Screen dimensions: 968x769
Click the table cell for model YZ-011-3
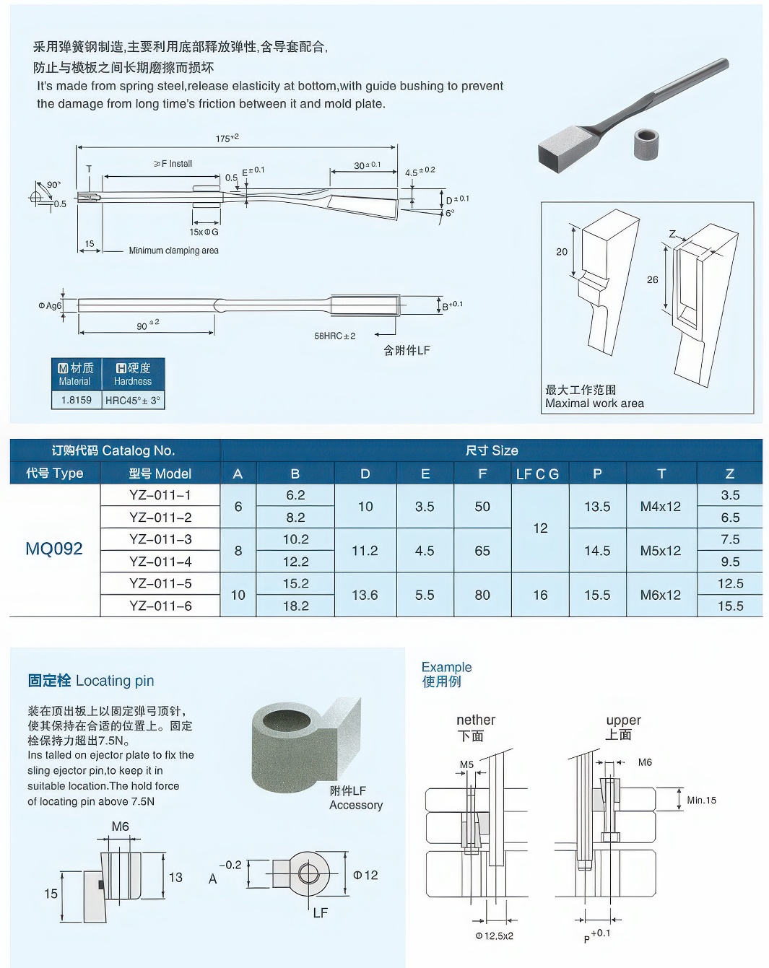tap(160, 539)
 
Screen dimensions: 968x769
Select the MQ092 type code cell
tap(54, 549)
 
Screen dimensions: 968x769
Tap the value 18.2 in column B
tap(295, 606)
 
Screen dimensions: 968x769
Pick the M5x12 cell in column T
tap(660, 551)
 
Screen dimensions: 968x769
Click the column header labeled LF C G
tap(537, 474)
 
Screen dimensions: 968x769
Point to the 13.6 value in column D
tap(365, 595)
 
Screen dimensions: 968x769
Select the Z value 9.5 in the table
tap(729, 562)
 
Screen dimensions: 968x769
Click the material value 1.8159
tap(77, 400)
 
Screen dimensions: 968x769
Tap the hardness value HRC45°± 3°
tap(133, 400)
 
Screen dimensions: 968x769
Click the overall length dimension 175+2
tap(227, 138)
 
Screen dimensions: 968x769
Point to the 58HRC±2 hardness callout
tap(334, 336)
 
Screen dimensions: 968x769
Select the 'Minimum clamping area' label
tap(173, 250)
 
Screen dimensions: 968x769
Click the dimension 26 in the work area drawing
tap(652, 279)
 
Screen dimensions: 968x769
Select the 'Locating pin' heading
tap(91, 681)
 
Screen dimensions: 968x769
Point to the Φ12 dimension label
tap(365, 875)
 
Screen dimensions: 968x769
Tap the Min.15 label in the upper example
tap(701, 800)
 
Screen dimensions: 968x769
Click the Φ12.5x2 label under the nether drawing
tap(494, 936)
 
